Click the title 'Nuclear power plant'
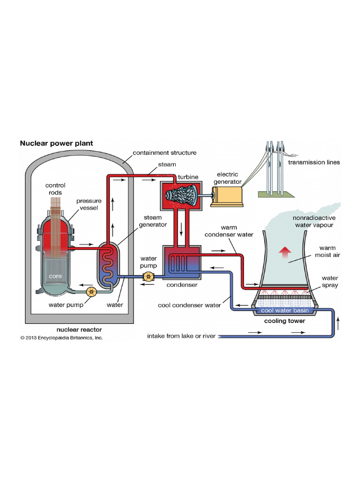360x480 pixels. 56,143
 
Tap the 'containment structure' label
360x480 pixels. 165,153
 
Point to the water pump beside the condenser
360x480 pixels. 149,277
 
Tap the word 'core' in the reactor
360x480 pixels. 55,276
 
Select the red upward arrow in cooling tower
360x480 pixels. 284,253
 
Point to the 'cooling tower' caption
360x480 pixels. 285,321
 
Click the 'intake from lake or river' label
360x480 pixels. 181,336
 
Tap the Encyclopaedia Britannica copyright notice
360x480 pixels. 61,337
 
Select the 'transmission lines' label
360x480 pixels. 314,163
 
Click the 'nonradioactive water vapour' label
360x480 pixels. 314,221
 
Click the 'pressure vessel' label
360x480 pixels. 89,204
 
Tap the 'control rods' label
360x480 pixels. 55,189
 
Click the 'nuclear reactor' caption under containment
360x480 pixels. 79,330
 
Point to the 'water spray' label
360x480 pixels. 330,281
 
